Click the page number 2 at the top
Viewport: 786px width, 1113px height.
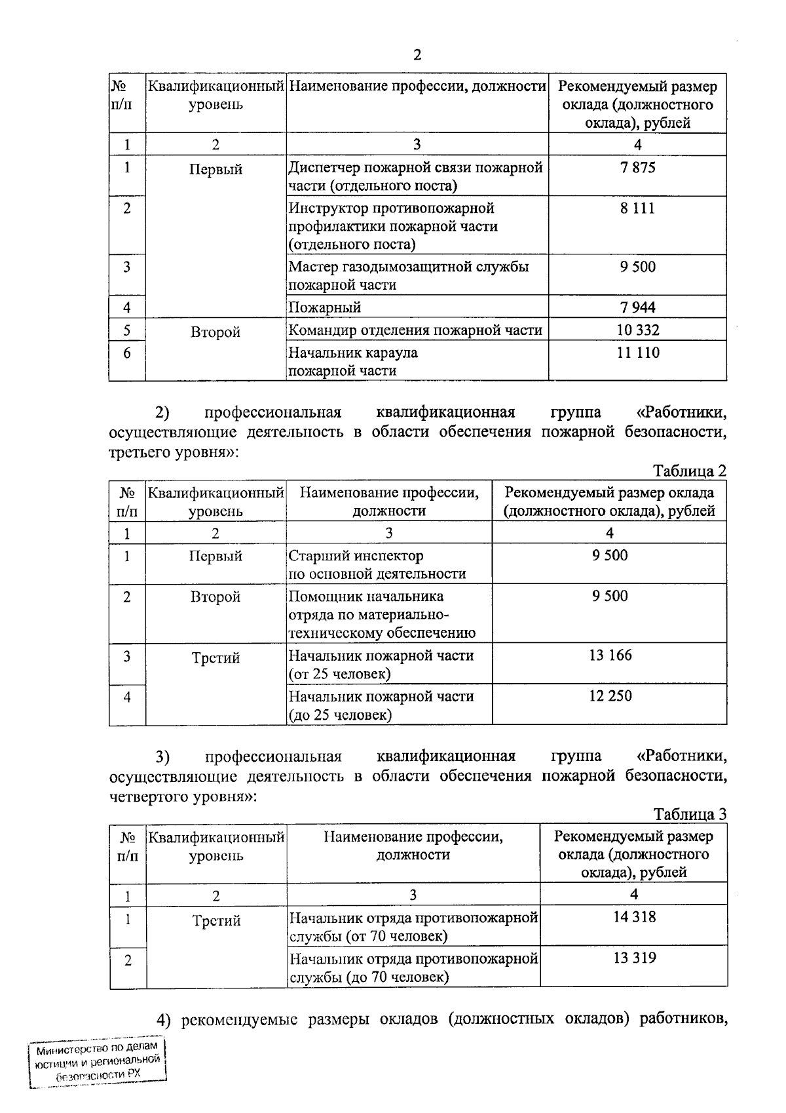(x=417, y=55)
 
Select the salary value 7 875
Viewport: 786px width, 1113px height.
(x=637, y=168)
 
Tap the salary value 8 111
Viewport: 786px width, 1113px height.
(x=637, y=208)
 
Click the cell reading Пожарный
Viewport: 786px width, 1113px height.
(x=325, y=307)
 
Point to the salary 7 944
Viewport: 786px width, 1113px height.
(x=637, y=307)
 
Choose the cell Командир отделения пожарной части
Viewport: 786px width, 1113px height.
(x=415, y=330)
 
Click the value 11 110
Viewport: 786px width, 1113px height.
(x=637, y=353)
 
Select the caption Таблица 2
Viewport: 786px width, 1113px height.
(x=690, y=471)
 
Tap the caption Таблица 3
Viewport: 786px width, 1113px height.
(x=690, y=814)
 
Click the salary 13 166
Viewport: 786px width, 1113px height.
(x=610, y=655)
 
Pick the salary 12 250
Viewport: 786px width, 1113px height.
(x=610, y=695)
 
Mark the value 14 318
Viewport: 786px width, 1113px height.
(x=634, y=917)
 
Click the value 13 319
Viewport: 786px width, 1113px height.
(x=634, y=958)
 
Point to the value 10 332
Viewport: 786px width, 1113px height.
(x=637, y=330)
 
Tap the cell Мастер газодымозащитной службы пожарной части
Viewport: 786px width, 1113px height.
(x=408, y=275)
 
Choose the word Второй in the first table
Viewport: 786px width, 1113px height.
(x=215, y=332)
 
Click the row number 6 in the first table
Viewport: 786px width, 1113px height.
(x=127, y=353)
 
